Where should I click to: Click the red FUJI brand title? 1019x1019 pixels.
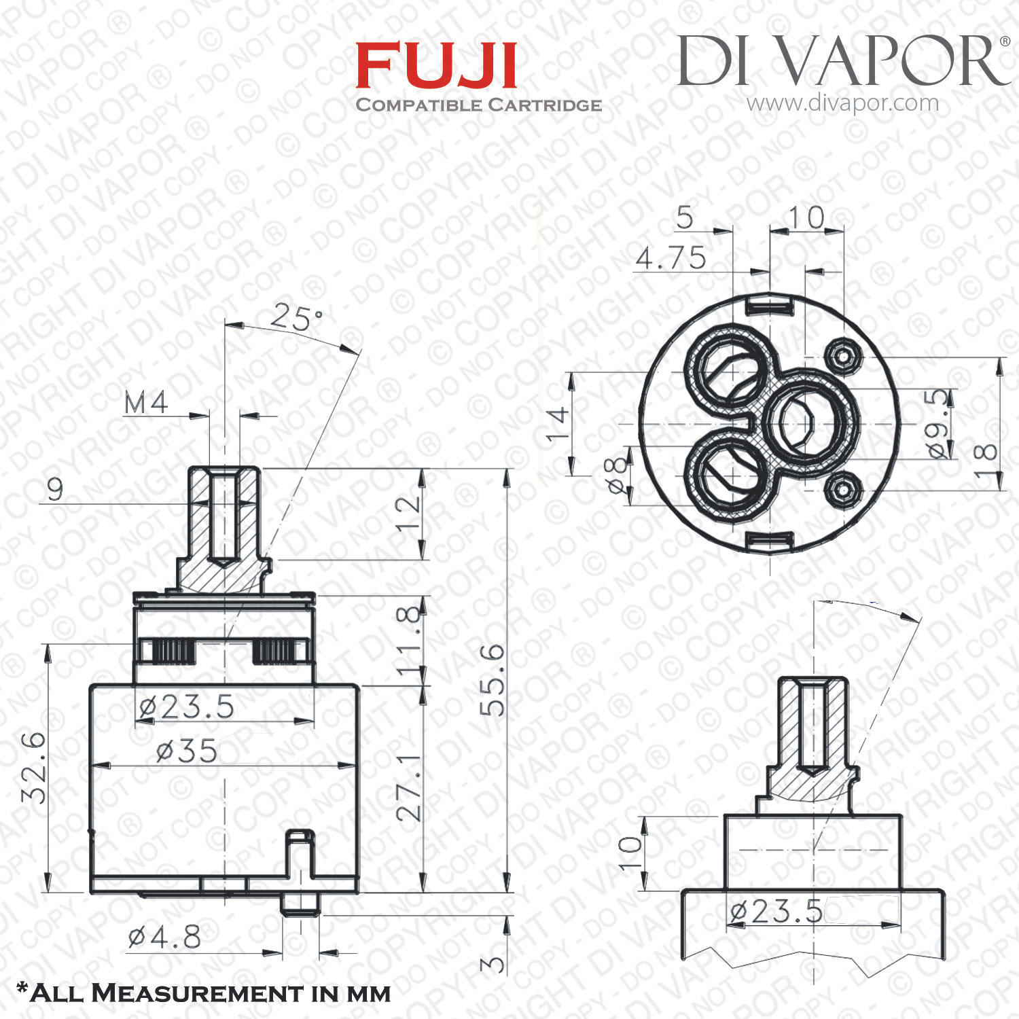click(x=436, y=65)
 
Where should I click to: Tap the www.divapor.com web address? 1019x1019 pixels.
click(x=842, y=103)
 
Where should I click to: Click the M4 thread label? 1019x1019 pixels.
click(x=146, y=403)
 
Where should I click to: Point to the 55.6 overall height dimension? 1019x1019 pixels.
click(x=493, y=680)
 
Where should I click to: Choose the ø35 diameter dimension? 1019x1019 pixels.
click(x=187, y=751)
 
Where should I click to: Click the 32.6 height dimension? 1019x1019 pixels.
click(x=34, y=768)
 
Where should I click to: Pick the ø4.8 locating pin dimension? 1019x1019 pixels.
click(x=164, y=938)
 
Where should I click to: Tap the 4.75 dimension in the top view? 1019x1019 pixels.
click(x=671, y=257)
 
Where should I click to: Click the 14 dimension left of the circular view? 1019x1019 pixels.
click(x=558, y=423)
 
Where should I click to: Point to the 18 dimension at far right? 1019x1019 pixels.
click(x=985, y=462)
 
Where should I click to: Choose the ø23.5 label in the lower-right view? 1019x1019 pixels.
click(x=775, y=910)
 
